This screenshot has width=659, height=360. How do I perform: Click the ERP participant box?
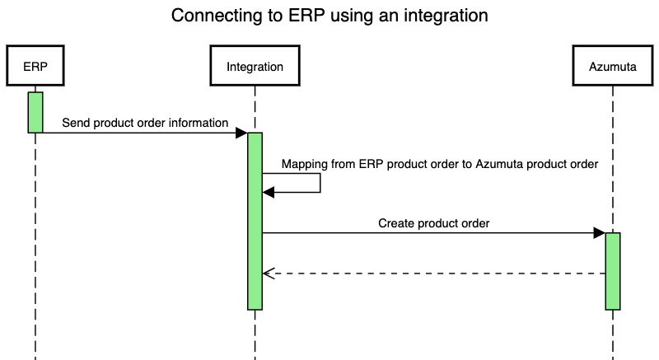point(35,67)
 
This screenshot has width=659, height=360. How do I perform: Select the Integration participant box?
point(255,67)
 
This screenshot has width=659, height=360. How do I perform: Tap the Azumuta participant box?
point(612,67)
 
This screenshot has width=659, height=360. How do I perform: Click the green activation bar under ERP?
point(35,112)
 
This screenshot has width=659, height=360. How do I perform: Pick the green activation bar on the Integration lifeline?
point(255,221)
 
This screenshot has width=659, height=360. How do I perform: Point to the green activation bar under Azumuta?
point(612,271)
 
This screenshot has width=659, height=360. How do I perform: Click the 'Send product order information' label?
point(145,123)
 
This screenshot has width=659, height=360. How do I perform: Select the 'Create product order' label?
point(434,222)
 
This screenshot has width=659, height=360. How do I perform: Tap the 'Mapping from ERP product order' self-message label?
point(439,163)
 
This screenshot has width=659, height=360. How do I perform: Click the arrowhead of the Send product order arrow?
point(241,133)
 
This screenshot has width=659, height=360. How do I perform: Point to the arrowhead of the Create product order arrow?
point(599,233)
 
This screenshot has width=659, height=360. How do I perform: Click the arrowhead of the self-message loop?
point(268,192)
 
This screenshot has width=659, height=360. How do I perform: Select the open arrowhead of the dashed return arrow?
point(266,274)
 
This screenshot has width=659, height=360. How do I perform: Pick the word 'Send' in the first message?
point(76,123)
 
